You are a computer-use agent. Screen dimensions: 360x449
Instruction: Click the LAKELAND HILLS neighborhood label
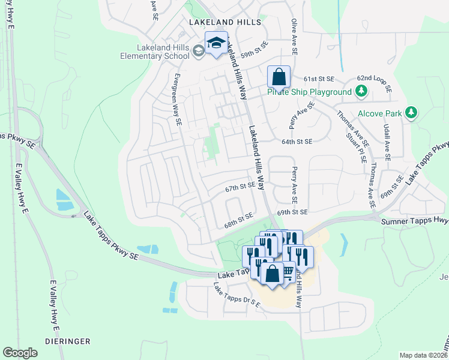[x=225, y=22]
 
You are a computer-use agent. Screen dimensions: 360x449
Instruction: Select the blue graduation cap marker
[x=216, y=43]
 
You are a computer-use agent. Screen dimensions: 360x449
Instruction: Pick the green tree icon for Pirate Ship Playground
[x=361, y=92]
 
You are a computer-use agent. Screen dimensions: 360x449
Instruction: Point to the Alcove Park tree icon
[x=411, y=112]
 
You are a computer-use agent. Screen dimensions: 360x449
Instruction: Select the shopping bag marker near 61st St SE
[x=279, y=77]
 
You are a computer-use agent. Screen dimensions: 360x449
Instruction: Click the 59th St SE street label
[x=254, y=54]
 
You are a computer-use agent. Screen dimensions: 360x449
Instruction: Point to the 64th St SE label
[x=297, y=142]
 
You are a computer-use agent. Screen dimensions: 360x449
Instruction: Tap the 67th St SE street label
[x=241, y=187]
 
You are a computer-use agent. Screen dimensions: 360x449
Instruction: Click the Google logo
[x=20, y=353]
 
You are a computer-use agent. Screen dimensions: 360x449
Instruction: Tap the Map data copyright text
[x=424, y=355]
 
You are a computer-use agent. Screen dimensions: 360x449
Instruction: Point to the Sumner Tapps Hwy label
[x=415, y=221]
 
